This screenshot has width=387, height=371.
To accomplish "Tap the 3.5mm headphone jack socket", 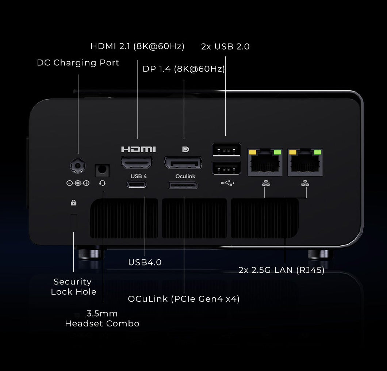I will (102, 170).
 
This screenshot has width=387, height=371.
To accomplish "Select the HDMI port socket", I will (137, 162).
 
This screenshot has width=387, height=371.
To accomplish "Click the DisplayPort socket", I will (183, 162).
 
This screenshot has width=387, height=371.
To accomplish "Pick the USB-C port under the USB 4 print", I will (137, 184).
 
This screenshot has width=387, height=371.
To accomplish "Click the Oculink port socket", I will (183, 185).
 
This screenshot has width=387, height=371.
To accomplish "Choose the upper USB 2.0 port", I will (226, 150).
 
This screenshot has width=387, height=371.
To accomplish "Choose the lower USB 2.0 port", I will (226, 168).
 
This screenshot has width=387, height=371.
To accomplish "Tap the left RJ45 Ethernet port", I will (265, 162).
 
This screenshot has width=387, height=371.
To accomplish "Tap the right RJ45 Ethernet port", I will (305, 162).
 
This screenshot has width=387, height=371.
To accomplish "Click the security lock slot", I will (74, 222).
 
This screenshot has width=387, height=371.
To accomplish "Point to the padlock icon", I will (73, 202).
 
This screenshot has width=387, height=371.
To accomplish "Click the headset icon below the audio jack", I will (102, 183).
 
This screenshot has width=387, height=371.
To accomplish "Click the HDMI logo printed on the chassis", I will (138, 149).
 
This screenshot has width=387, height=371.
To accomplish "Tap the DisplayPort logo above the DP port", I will (184, 149).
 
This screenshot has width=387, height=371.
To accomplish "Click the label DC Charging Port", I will (78, 63).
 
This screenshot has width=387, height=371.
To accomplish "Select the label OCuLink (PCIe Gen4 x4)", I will (184, 299).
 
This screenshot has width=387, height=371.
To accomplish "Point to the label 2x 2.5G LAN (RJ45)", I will (281, 270).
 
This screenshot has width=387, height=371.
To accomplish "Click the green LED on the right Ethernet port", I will (318, 152).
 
